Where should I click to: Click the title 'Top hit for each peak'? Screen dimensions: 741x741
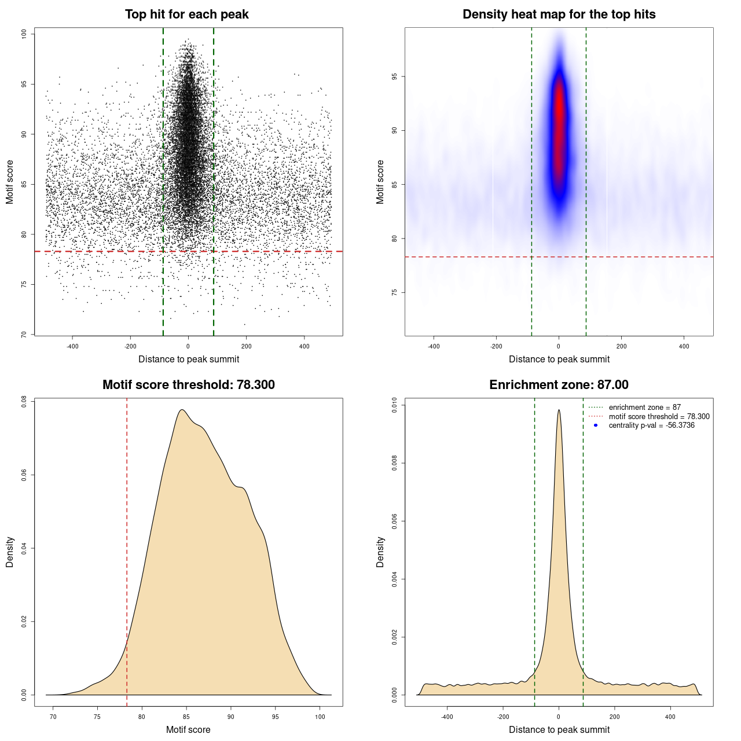(187, 14)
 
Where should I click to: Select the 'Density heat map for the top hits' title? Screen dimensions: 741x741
(559, 14)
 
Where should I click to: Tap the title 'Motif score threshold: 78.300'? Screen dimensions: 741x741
(188, 385)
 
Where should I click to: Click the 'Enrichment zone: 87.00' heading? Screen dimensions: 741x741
(559, 385)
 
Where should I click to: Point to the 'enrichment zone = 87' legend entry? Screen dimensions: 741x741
(644, 408)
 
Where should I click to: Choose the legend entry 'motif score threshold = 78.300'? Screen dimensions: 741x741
(659, 417)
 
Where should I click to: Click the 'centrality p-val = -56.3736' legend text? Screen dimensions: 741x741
(651, 425)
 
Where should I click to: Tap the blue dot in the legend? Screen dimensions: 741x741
(596, 425)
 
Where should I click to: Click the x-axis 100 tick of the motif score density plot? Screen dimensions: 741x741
(320, 717)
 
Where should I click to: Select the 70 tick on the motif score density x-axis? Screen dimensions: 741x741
(53, 717)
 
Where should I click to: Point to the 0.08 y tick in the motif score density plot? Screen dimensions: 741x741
(24, 401)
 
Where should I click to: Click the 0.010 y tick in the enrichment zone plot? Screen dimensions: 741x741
(394, 406)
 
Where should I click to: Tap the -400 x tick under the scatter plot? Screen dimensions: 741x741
(72, 346)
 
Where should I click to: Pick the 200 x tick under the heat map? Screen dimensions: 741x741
(621, 346)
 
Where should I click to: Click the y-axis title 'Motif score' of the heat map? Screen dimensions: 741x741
(380, 182)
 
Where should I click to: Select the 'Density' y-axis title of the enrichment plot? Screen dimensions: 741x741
(380, 552)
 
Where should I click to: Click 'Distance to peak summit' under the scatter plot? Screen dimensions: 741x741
(189, 360)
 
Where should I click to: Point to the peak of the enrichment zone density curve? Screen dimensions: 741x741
(559, 410)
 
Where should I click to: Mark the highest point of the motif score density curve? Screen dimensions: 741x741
(182, 410)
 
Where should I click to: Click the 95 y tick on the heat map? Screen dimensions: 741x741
(394, 76)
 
